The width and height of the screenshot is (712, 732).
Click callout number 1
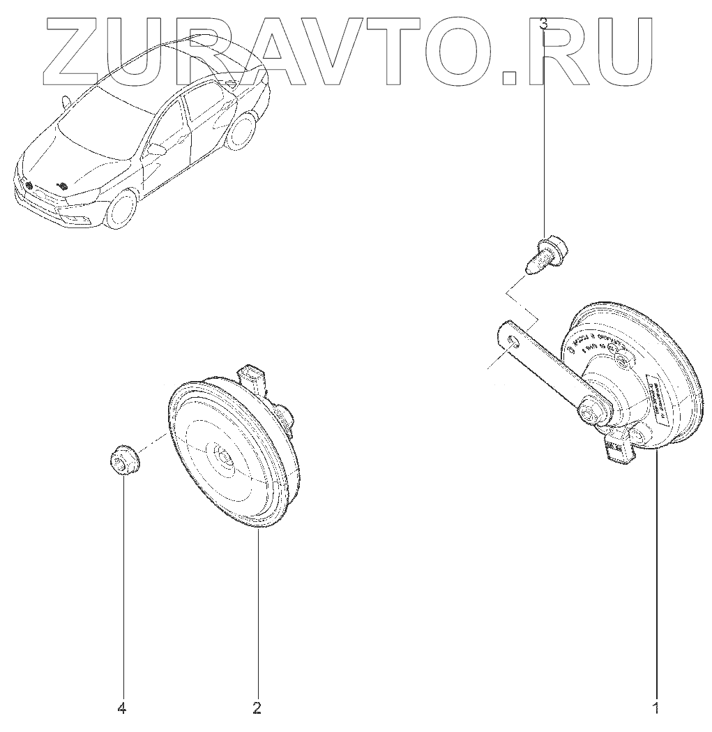click(x=655, y=710)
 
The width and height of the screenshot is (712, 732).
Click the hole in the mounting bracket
click(x=514, y=342)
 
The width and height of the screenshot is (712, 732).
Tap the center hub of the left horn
click(x=225, y=455)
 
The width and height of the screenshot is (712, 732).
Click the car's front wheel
click(x=121, y=209)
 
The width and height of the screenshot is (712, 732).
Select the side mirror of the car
click(x=158, y=149)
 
